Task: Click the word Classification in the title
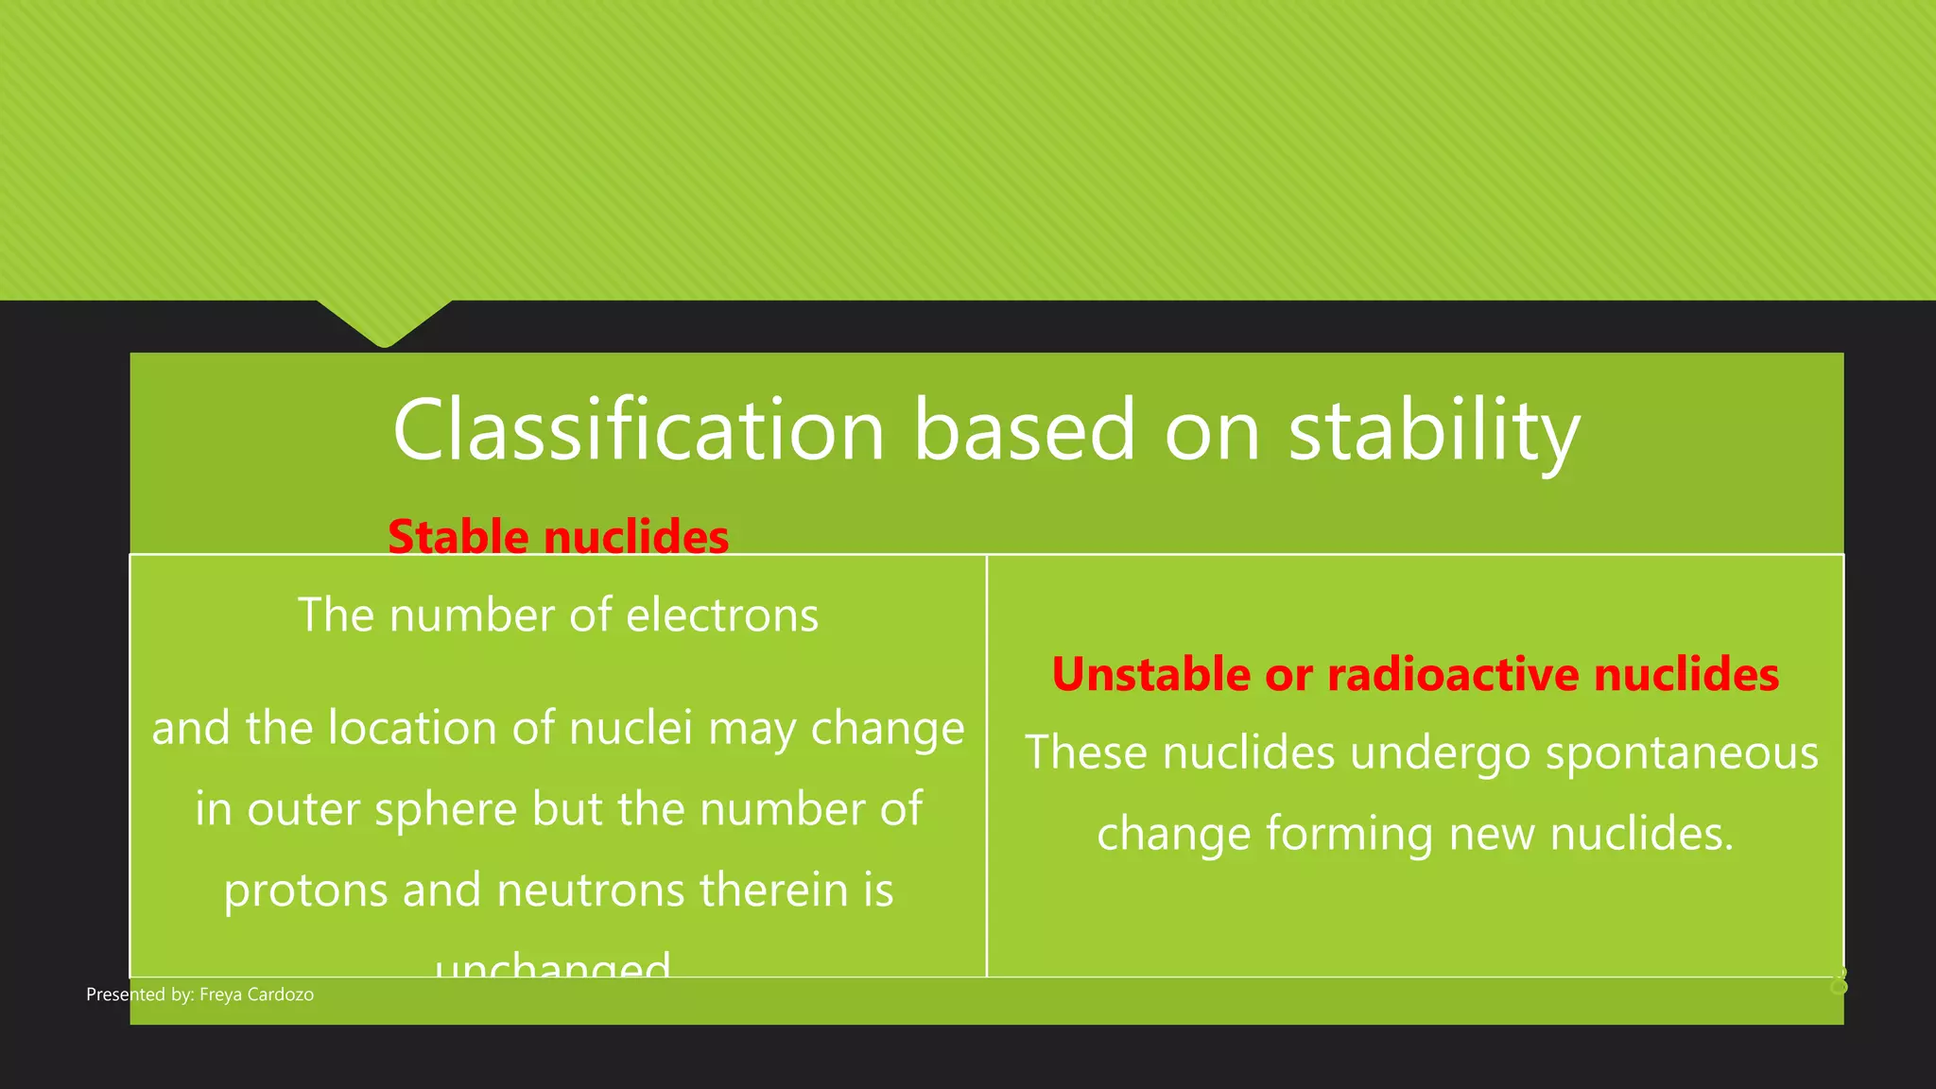click(x=639, y=430)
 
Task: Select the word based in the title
click(x=1024, y=430)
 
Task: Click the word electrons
click(x=722, y=615)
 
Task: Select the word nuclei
click(x=631, y=729)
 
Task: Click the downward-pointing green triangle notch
click(x=385, y=321)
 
